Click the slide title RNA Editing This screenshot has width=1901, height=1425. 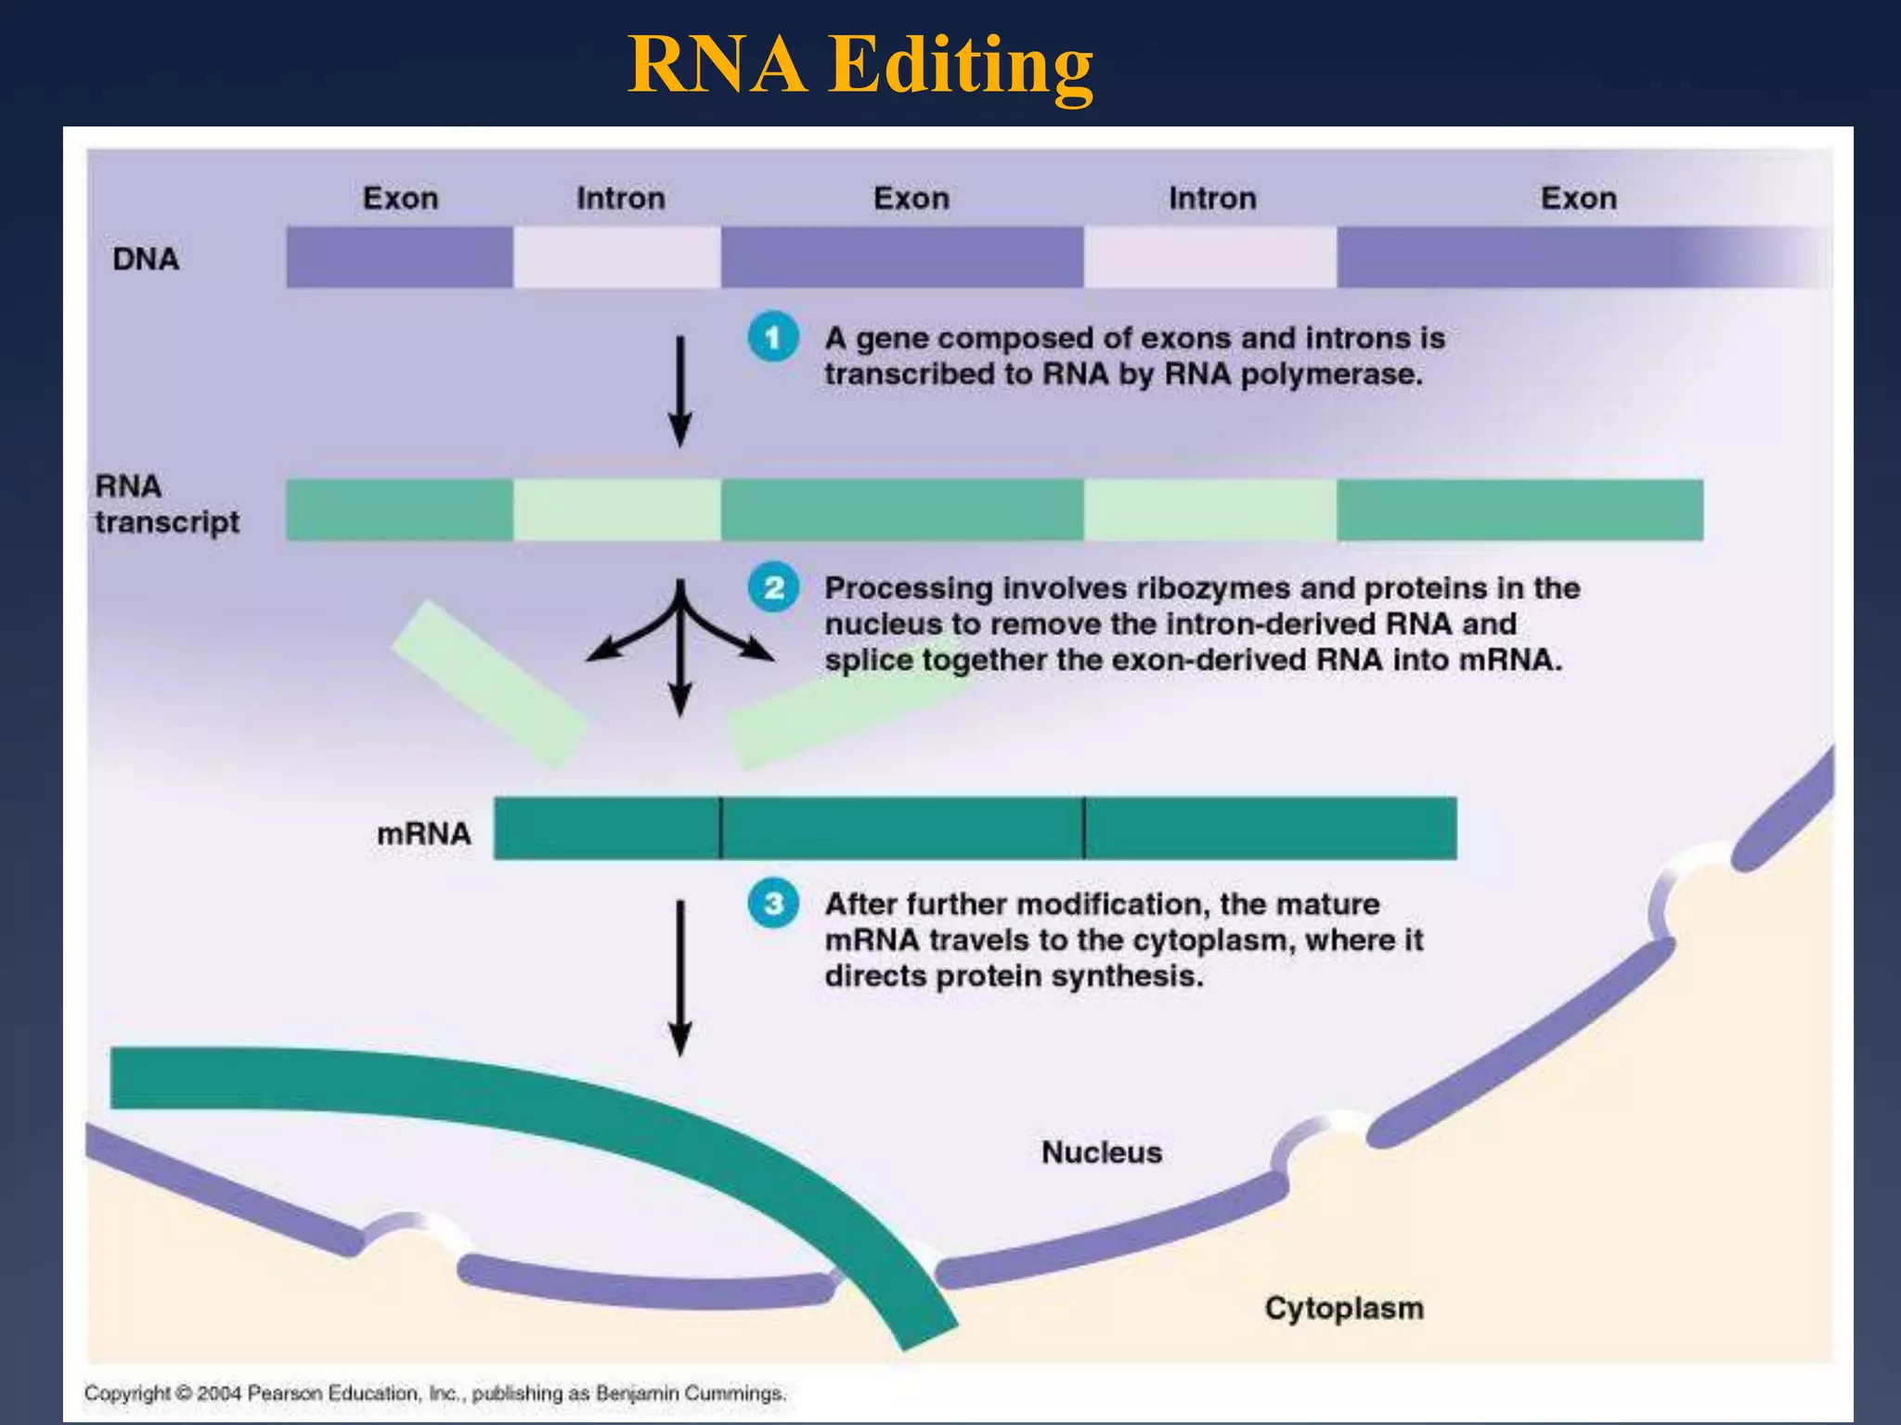pyautogui.click(x=860, y=65)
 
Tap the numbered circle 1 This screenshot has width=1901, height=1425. pyautogui.click(x=773, y=338)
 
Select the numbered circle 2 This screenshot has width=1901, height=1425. pyautogui.click(x=773, y=587)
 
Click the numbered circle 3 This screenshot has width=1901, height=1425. pyautogui.click(x=773, y=904)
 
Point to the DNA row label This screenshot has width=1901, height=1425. pyautogui.click(x=146, y=259)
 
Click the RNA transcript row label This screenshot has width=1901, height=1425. pyautogui.click(x=166, y=504)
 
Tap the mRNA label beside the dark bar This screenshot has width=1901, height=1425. pyautogui.click(x=423, y=833)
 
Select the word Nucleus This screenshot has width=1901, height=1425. pyautogui.click(x=1101, y=1152)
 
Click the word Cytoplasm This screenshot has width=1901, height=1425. pyautogui.click(x=1343, y=1308)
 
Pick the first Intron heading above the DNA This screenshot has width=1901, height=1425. pyautogui.click(x=620, y=199)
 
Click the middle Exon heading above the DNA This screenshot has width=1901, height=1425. pyautogui.click(x=911, y=199)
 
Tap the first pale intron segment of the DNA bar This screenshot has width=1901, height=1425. pyautogui.click(x=616, y=257)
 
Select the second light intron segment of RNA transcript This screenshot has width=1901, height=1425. pyautogui.click(x=1209, y=509)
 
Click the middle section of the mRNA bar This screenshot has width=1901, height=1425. pyautogui.click(x=901, y=828)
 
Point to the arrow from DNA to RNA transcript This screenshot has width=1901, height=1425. pyautogui.click(x=680, y=390)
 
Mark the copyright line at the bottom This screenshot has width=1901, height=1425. pyautogui.click(x=434, y=1393)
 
